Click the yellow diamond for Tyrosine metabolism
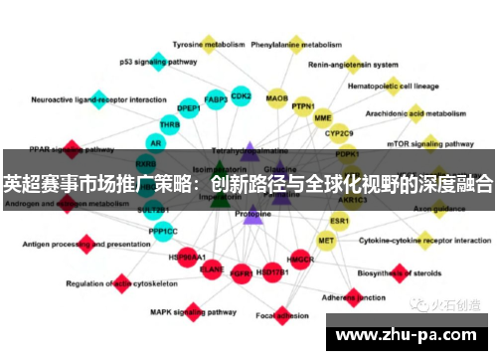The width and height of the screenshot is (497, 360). [x=209, y=44]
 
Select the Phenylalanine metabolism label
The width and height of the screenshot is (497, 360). [x=295, y=45]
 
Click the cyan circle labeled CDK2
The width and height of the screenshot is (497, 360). [x=241, y=96]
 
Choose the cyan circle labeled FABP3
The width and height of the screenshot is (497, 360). [x=216, y=99]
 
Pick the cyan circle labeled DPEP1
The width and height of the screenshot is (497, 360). [x=189, y=108]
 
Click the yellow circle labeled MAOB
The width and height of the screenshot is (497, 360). [x=277, y=98]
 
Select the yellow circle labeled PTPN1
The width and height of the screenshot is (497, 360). [x=302, y=106]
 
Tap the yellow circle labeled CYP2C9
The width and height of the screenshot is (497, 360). [x=339, y=132]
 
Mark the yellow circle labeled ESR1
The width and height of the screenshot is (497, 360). [x=340, y=220]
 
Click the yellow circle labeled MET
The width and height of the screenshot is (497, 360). [x=325, y=241]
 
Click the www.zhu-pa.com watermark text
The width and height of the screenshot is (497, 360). [x=418, y=336]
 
